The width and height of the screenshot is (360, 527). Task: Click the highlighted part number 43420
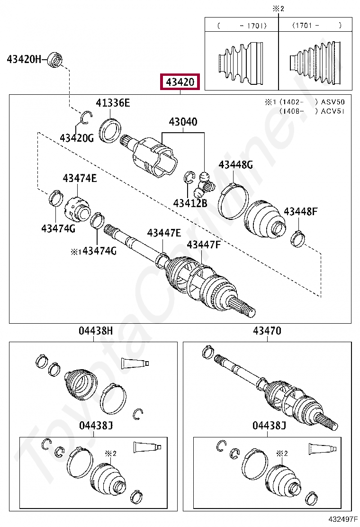180,82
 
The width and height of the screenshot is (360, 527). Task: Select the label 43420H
24,59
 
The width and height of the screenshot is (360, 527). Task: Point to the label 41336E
112,103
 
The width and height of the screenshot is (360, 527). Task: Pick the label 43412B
190,203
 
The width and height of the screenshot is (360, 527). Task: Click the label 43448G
235,165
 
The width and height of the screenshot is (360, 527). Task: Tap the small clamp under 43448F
298,237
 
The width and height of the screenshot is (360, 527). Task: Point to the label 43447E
164,233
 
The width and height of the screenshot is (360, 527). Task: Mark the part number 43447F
204,245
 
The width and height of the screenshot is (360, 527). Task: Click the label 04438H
96,331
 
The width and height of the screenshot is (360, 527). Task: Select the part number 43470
267,331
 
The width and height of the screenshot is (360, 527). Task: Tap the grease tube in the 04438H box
135,363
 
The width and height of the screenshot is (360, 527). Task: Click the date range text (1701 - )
316,26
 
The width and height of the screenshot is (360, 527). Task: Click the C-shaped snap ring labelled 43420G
86,117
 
